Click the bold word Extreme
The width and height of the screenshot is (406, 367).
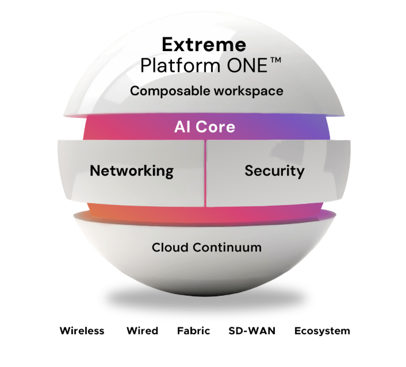(204, 45)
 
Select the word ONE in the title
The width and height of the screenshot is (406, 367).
(246, 65)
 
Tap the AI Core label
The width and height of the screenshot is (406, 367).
(205, 127)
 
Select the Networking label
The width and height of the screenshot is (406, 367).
(132, 171)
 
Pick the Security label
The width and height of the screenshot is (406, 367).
(274, 171)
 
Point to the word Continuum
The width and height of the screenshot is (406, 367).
(226, 248)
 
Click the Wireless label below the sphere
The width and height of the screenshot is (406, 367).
(82, 331)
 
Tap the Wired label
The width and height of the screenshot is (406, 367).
(142, 331)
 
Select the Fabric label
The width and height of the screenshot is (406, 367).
(193, 331)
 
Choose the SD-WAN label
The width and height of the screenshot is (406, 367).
(252, 331)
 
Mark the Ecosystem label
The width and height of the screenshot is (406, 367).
(322, 331)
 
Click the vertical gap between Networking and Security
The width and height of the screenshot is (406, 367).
(205, 172)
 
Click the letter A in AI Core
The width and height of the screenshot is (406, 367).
(179, 127)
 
